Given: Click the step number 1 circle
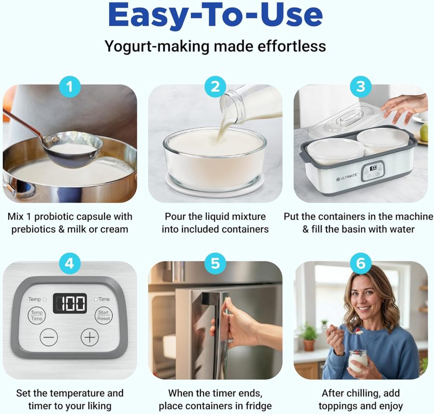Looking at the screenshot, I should click(70, 87).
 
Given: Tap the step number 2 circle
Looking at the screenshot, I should click(215, 87).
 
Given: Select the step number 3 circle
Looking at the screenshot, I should click(360, 87).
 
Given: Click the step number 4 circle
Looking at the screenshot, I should click(70, 264).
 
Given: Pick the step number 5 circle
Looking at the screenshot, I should click(215, 264).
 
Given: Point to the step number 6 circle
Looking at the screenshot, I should click(360, 264).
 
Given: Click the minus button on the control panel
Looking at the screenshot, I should click(49, 337).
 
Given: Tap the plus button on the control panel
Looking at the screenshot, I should click(89, 337).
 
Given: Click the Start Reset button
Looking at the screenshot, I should click(103, 316).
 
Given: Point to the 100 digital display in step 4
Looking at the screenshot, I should click(69, 303).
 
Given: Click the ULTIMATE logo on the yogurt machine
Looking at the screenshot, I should click(347, 176).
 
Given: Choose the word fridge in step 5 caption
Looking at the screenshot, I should click(258, 406).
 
